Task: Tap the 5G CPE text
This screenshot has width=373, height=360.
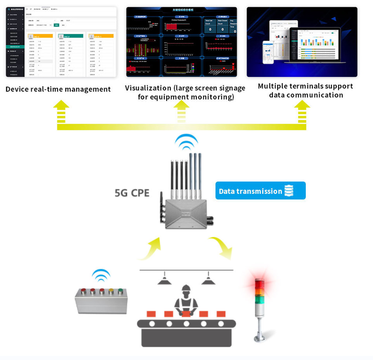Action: pos(132,193)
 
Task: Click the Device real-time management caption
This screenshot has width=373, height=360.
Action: pos(58,89)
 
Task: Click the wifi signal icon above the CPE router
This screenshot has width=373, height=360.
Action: pos(186,142)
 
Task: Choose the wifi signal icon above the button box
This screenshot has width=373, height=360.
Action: pos(101,275)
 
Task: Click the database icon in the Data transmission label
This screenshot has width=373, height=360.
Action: pos(289,191)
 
